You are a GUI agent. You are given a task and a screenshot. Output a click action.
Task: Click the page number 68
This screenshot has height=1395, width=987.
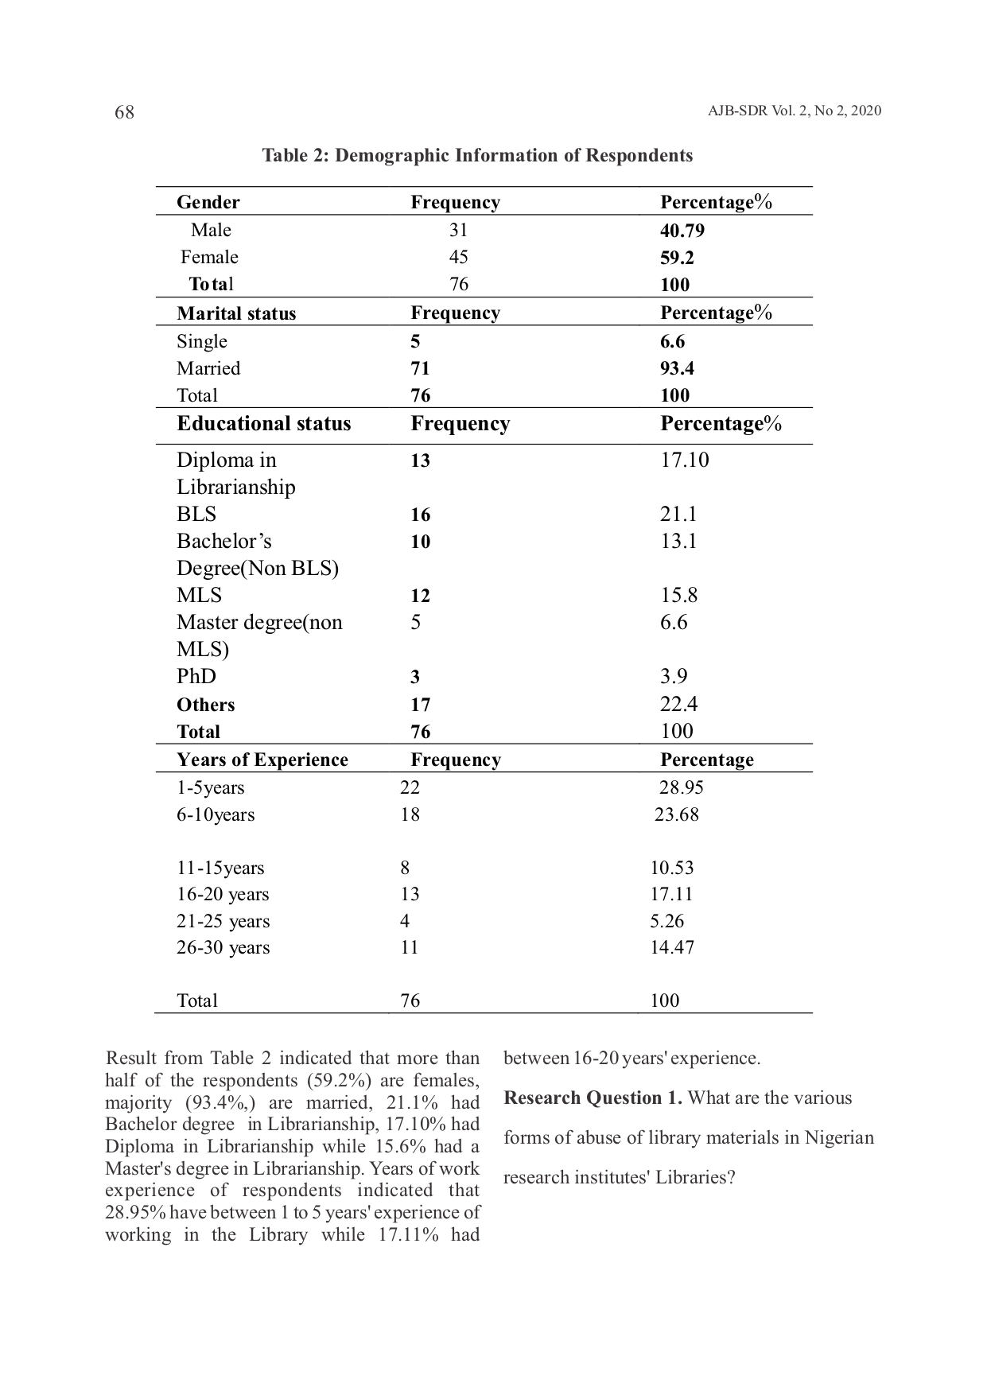click(x=125, y=112)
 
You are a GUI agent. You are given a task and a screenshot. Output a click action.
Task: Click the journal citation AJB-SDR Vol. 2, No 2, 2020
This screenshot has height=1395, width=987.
click(x=794, y=111)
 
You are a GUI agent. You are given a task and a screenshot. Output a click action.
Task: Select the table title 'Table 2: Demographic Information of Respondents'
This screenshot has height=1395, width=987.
click(x=477, y=155)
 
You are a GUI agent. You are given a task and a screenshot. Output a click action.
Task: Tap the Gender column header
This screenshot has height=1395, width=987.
click(x=208, y=202)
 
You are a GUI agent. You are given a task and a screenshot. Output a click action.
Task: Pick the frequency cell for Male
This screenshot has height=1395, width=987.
click(x=458, y=230)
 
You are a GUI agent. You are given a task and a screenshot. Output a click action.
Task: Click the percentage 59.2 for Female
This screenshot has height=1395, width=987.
click(x=677, y=258)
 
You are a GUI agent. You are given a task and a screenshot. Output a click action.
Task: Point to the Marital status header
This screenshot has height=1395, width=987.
click(x=236, y=313)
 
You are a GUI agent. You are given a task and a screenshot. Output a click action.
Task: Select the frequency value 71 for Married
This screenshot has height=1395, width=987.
click(x=420, y=368)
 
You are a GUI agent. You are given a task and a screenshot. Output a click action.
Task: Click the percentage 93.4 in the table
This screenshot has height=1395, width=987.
click(x=677, y=368)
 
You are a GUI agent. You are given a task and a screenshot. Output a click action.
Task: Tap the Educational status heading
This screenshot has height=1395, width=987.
click(x=263, y=423)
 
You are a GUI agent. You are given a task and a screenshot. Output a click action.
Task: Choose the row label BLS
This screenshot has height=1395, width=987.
click(x=196, y=514)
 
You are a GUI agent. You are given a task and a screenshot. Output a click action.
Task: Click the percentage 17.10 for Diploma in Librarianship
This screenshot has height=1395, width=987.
click(x=684, y=460)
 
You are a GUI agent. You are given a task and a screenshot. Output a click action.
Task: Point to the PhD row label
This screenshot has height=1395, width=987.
click(x=196, y=676)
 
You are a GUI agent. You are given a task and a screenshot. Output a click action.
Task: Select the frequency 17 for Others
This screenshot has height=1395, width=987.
click(x=420, y=705)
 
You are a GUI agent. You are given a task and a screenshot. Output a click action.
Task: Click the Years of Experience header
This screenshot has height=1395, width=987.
click(x=262, y=760)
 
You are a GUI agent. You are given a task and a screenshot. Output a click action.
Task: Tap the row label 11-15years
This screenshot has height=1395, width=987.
click(x=220, y=868)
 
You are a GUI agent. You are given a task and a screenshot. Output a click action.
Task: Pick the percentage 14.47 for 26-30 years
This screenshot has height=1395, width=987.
click(x=672, y=947)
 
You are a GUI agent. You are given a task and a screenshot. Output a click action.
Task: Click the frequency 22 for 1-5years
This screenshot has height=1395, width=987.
click(x=410, y=787)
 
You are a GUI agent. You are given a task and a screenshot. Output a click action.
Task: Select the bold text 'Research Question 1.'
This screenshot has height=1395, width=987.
click(x=593, y=1098)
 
